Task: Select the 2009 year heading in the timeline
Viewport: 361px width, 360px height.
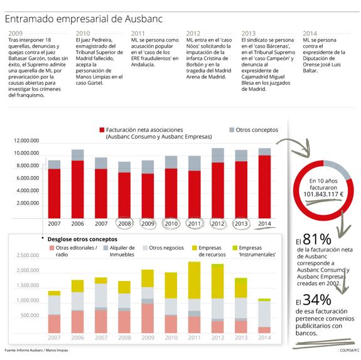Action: click(x=16, y=33)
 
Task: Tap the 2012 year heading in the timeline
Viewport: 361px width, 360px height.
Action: click(x=193, y=33)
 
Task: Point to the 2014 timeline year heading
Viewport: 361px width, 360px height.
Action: click(x=310, y=33)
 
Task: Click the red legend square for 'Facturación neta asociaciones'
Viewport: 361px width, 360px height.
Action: click(x=100, y=129)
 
